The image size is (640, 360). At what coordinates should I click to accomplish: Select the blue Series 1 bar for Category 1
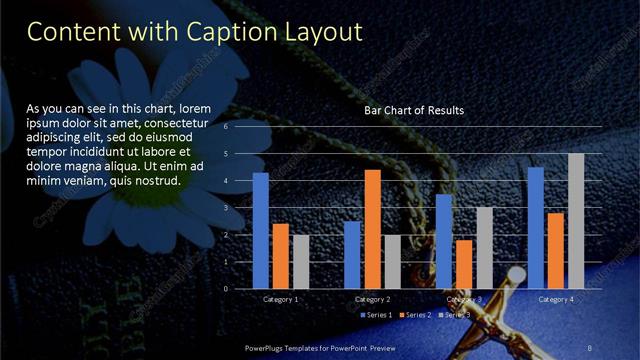pyautogui.click(x=261, y=230)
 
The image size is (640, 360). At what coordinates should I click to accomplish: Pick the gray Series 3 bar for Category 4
pyautogui.click(x=576, y=221)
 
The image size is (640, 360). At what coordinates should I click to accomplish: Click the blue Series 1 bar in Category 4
pyautogui.click(x=536, y=228)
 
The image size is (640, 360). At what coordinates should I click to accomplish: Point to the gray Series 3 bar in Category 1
pyautogui.click(x=301, y=261)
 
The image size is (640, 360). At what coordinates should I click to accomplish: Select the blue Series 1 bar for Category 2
pyautogui.click(x=352, y=255)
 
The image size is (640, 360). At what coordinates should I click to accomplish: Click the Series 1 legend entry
pyautogui.click(x=377, y=315)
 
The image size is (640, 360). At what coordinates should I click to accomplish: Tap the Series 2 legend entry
pyautogui.click(x=414, y=315)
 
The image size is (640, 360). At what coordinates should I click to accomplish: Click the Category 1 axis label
pyautogui.click(x=280, y=299)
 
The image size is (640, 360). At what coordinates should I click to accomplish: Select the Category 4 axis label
pyautogui.click(x=556, y=299)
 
